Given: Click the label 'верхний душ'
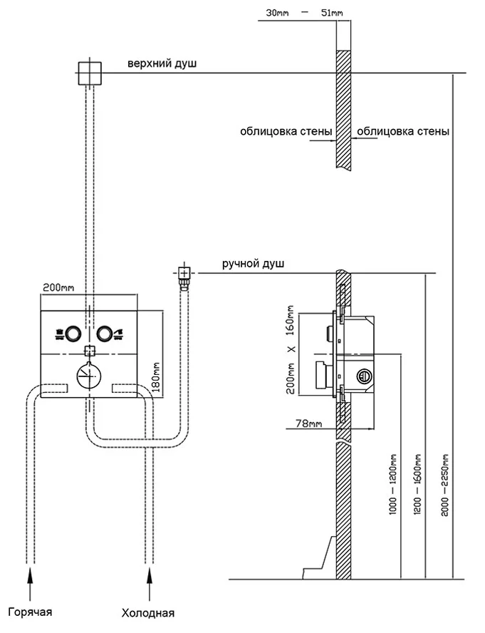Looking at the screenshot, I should (162, 64).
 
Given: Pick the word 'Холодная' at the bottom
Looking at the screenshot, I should (148, 613).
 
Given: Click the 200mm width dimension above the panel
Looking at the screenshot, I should (58, 287).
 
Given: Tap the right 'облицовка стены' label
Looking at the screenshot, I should (403, 131).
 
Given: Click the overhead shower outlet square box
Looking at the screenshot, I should (89, 72).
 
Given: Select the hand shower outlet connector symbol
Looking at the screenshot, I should (184, 273).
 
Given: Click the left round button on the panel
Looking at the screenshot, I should (72, 332).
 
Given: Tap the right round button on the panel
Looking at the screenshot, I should (105, 332).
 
